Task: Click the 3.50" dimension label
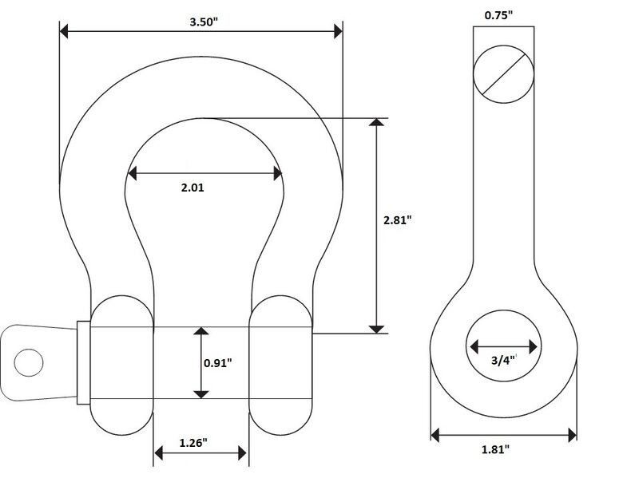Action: (204, 22)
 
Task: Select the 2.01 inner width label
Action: (192, 188)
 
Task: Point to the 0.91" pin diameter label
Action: (218, 362)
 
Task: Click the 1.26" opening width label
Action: (193, 443)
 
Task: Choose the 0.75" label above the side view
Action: (498, 15)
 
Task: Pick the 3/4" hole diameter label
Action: (504, 360)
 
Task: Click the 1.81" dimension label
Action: (495, 449)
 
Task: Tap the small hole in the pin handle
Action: (29, 363)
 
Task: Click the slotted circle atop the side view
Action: (503, 74)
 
